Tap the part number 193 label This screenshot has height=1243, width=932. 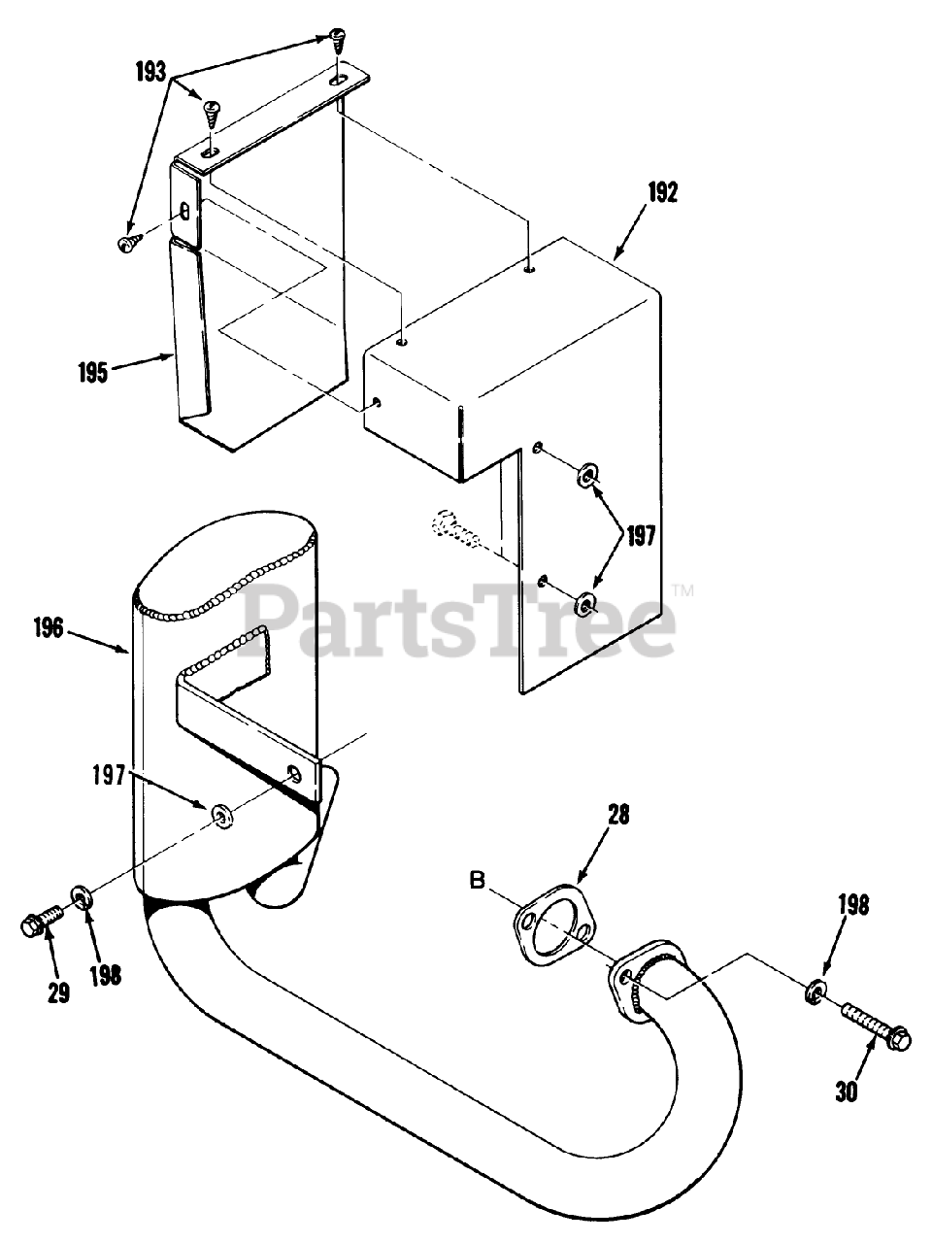coord(150,73)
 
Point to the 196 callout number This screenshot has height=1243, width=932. coord(46,628)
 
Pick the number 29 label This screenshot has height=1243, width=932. coord(59,994)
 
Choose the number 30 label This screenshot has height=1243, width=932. coord(846,1092)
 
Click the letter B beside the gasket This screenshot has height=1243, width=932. coord(477,882)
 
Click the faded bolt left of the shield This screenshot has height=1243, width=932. coord(454,528)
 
